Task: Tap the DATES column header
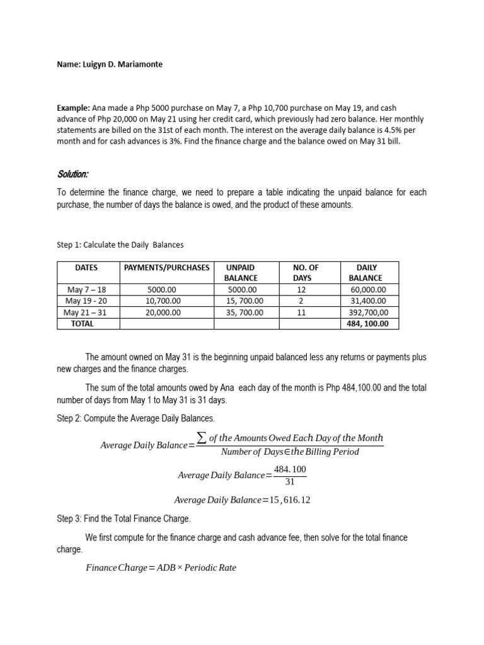[x=86, y=268]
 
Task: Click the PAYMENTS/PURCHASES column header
[x=166, y=268]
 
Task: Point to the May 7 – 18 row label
[x=86, y=290]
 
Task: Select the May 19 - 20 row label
[x=86, y=301]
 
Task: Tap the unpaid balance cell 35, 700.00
[x=246, y=312]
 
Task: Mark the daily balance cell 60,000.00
[x=369, y=290]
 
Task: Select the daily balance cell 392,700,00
[x=369, y=312]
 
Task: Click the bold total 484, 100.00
[x=369, y=324]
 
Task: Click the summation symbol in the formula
[x=202, y=438]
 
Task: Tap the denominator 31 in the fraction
[x=290, y=482]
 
